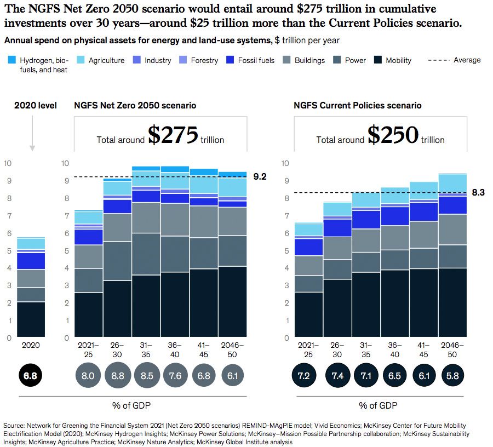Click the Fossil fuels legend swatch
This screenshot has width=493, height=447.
[231, 60]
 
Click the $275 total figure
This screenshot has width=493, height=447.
[173, 136]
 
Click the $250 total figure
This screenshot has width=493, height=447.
[392, 136]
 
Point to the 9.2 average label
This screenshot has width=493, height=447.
[260, 176]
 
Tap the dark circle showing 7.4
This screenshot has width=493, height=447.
[336, 376]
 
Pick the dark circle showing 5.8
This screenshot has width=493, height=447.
[452, 376]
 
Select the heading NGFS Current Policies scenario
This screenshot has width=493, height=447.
[358, 105]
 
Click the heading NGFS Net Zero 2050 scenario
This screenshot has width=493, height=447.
[135, 105]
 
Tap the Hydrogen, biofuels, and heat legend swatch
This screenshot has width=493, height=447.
[12, 60]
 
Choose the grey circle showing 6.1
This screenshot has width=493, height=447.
[232, 376]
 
